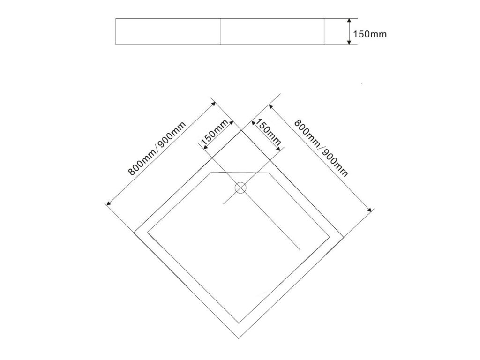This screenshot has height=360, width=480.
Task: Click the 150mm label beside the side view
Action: pyautogui.click(x=369, y=34)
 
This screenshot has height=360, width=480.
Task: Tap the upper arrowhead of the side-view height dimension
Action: pyautogui.click(x=349, y=21)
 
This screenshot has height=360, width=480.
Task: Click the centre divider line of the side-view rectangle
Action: pyautogui.click(x=220, y=31)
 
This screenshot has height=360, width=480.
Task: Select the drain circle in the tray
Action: pyautogui.click(x=240, y=188)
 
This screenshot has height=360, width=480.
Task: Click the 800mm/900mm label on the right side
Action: pyautogui.click(x=321, y=148)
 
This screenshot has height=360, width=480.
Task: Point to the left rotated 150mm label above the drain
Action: pyautogui.click(x=214, y=133)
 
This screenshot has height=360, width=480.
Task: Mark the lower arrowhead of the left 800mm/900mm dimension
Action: pyautogui.click(x=108, y=204)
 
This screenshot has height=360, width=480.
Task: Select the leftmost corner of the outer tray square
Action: pyautogui.click(x=135, y=232)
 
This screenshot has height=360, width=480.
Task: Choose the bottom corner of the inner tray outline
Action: pyautogui.click(x=240, y=323)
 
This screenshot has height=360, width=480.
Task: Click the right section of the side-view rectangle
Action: pyautogui.click(x=272, y=31)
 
